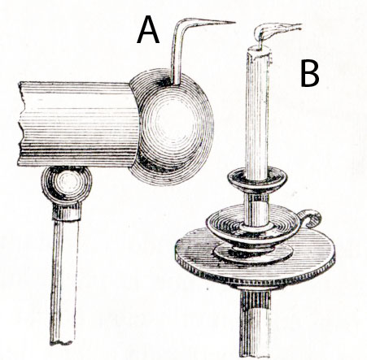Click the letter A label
[x=148, y=29]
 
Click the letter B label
[x=310, y=73]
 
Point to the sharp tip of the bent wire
[x=234, y=22]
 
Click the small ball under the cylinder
[x=67, y=185]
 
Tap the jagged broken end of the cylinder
[x=20, y=124]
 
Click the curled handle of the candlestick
[x=312, y=218]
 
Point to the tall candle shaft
[x=257, y=114]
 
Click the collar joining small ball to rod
[x=67, y=212]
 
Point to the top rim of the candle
[x=259, y=49]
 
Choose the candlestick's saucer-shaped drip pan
[x=253, y=225]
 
